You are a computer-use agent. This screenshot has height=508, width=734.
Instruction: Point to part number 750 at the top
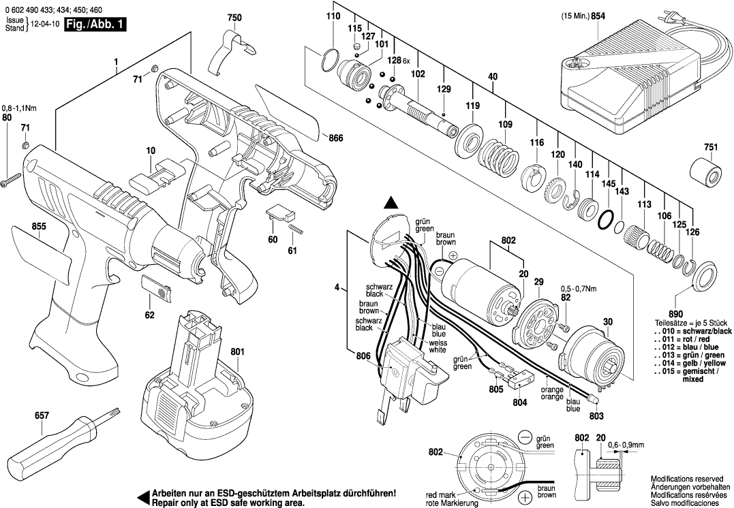[x=234, y=17]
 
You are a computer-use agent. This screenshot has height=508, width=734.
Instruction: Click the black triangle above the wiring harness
[x=391, y=202]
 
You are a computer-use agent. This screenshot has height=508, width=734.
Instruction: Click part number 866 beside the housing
[x=336, y=138]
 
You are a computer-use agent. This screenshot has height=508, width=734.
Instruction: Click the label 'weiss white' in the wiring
[x=438, y=346]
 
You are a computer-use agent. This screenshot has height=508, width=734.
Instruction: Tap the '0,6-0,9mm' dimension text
[x=626, y=444]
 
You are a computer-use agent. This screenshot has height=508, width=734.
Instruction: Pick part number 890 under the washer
[x=677, y=308]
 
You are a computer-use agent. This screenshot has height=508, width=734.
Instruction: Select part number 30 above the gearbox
[x=607, y=321]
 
